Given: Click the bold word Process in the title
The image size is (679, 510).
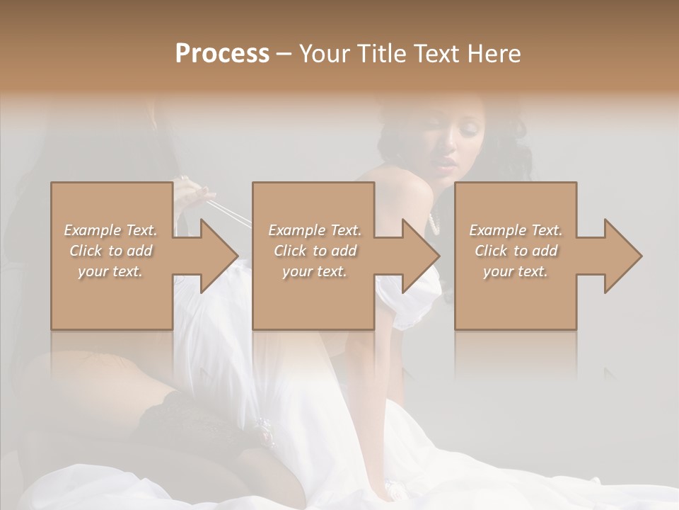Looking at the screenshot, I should [x=222, y=54].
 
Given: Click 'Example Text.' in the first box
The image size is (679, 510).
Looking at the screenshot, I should [x=110, y=230].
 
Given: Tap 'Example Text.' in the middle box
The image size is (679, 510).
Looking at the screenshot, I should [x=315, y=230].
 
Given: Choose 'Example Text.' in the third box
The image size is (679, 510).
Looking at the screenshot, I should [x=516, y=230].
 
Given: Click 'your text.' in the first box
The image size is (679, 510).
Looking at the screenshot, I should [x=110, y=271].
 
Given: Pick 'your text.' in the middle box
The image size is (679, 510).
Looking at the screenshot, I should [x=315, y=271].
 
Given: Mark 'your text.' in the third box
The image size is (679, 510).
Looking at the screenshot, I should [x=516, y=271].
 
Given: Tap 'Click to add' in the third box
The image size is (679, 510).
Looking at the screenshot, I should [x=516, y=251].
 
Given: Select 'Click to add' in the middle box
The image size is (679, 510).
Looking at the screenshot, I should [x=315, y=251].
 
